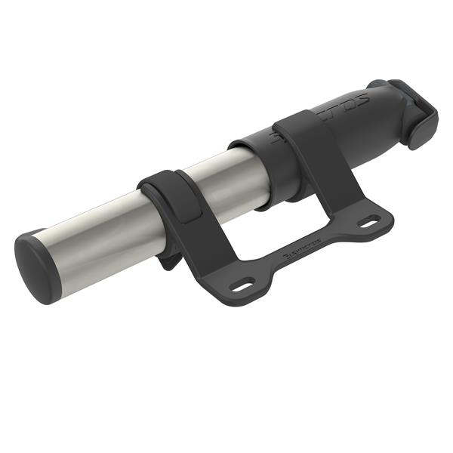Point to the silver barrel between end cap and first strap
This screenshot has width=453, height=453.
coord(98,238)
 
